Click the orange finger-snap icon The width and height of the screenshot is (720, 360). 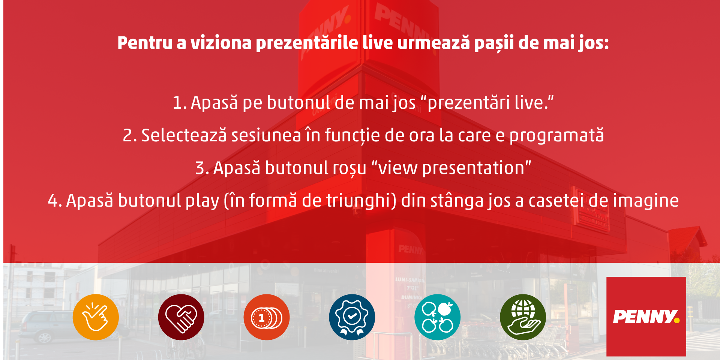click(x=96, y=317)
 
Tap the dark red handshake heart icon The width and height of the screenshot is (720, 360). click(x=181, y=317)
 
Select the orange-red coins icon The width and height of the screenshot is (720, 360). click(x=267, y=317)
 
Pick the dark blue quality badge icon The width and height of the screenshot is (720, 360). click(x=352, y=317)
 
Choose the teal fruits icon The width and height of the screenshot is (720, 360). click(x=437, y=317)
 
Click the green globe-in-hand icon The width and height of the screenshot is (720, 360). click(x=523, y=317)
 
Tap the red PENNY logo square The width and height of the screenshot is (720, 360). click(x=646, y=316)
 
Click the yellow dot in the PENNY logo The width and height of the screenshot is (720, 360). click(x=676, y=320)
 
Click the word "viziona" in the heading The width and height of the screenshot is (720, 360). click(x=221, y=43)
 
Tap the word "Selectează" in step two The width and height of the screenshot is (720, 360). click(x=184, y=135)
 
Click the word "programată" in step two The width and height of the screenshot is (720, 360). click(x=556, y=136)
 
